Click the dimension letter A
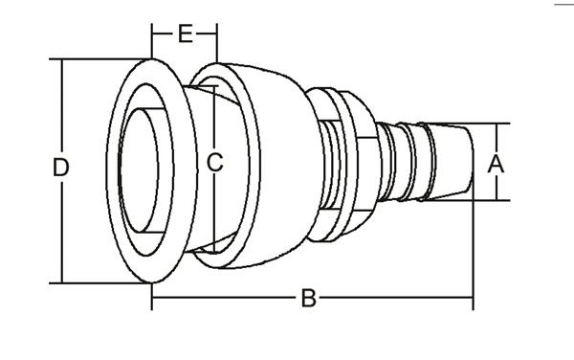[x=496, y=164]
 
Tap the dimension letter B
[x=309, y=298]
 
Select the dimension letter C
[x=214, y=162]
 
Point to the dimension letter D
[x=61, y=167]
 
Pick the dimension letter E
[x=186, y=34]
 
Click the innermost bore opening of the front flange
[x=139, y=170]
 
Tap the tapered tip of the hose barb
[x=451, y=162]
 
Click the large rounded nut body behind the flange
[x=271, y=166]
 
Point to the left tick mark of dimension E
[x=151, y=41]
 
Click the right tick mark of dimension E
[x=217, y=43]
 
